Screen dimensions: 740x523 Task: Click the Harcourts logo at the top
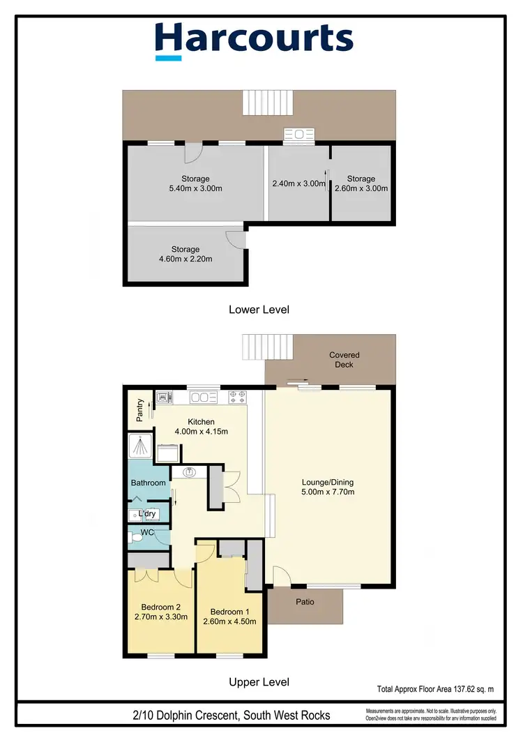coord(254,39)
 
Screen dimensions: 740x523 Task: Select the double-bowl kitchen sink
coord(203,398)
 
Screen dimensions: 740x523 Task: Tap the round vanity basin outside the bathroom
coord(189,473)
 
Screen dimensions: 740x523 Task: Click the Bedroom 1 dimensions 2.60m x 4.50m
coord(229,621)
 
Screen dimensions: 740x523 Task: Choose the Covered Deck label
coord(344,360)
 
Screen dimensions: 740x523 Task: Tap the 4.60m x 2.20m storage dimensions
coord(185,259)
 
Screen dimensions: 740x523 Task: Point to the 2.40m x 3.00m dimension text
coord(298,184)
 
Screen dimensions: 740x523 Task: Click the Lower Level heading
coord(259,309)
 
